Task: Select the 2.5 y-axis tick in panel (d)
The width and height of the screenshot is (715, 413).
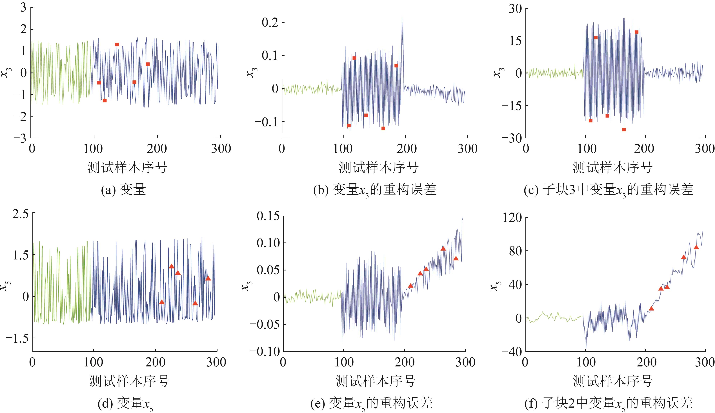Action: [x=20, y=213]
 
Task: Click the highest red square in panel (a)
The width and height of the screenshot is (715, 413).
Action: [x=117, y=45]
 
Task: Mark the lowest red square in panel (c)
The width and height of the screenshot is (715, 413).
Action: [x=624, y=130]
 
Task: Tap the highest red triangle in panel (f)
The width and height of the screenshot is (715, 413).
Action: [x=696, y=247]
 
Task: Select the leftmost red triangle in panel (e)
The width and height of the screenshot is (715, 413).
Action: [x=410, y=286]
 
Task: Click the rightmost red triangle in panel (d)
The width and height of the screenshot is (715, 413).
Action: [x=208, y=278]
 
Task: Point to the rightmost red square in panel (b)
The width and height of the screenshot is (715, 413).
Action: [x=396, y=65]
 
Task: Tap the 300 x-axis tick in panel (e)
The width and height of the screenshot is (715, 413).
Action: [x=465, y=362]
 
